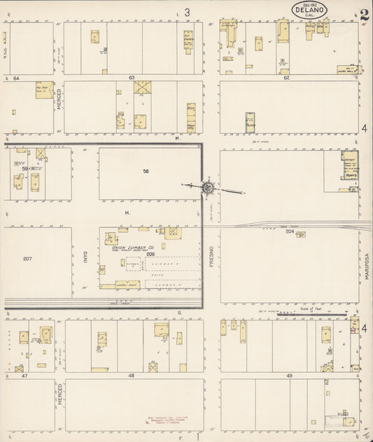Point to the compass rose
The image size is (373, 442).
pos(209,187)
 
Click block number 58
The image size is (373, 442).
pos(146,171)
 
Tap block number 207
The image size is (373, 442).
pos(27,259)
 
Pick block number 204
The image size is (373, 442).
pos(289,231)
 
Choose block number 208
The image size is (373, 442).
pos(149,255)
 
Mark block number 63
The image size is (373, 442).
pos(131,77)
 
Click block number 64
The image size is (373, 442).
pos(15,77)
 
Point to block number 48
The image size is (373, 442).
pos(131,376)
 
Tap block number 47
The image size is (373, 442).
pos(24,376)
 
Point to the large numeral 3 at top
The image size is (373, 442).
pos(187,12)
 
